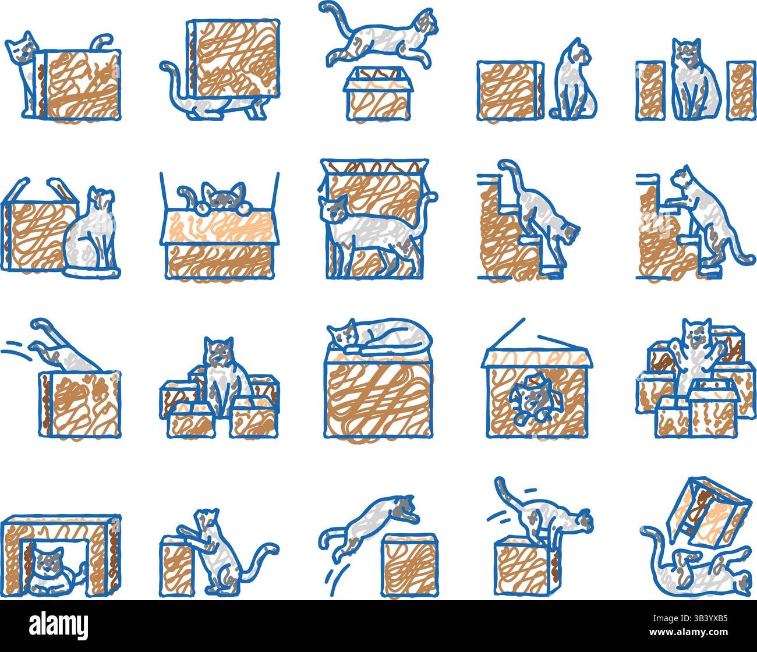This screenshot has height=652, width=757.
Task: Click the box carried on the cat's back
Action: pyautogui.click(x=233, y=58)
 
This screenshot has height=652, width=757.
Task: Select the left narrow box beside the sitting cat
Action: pyautogui.click(x=650, y=90)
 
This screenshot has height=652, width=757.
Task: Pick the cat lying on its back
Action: pyautogui.click(x=696, y=568)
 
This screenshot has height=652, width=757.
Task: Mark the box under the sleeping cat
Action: pyautogui.click(x=378, y=396)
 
